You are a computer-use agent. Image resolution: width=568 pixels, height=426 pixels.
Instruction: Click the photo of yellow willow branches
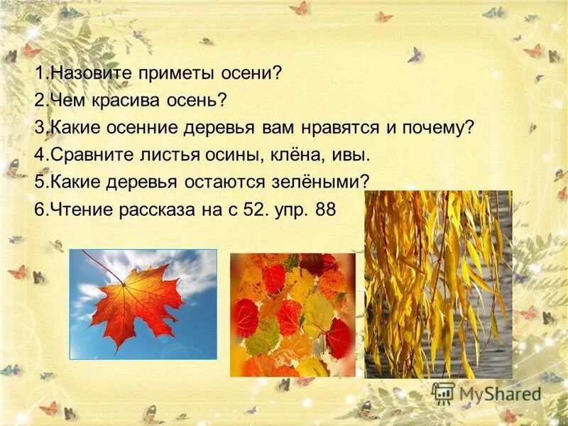[x=437, y=284]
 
